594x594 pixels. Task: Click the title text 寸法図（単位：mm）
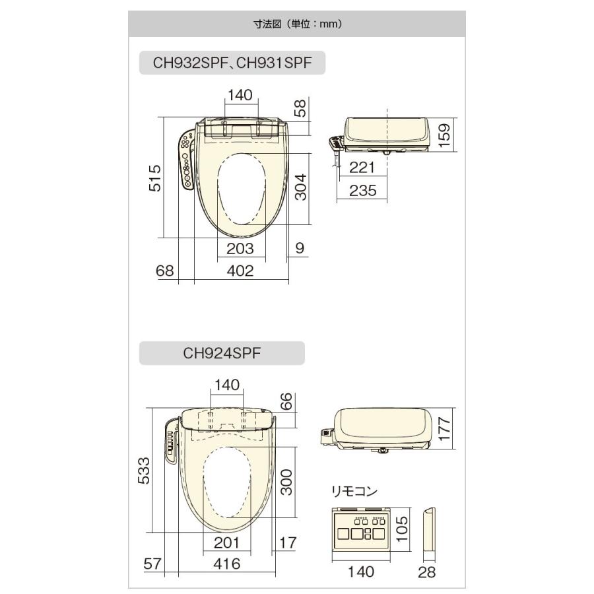pyautogui.click(x=298, y=24)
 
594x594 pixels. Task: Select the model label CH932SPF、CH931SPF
pyautogui.click(x=232, y=63)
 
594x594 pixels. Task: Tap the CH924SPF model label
pyautogui.click(x=222, y=353)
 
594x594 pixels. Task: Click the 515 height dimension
pyautogui.click(x=154, y=178)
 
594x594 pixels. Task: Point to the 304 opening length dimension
pyautogui.click(x=301, y=187)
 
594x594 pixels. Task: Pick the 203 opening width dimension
pyautogui.click(x=240, y=249)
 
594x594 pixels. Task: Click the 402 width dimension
pyautogui.click(x=240, y=271)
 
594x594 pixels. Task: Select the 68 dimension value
pyautogui.click(x=165, y=271)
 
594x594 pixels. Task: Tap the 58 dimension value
pyautogui.click(x=300, y=108)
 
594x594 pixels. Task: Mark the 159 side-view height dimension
pyautogui.click(x=444, y=135)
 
